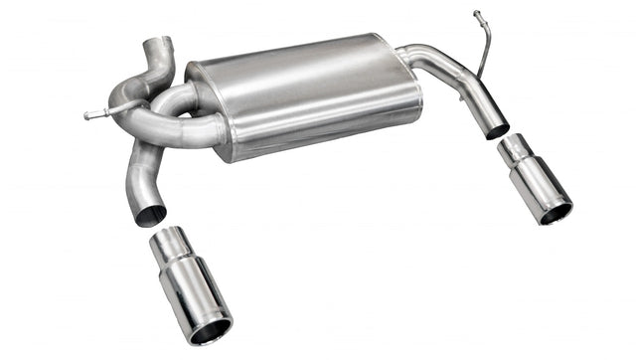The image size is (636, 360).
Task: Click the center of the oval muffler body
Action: pyautogui.click(x=303, y=96)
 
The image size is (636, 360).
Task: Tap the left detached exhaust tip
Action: pyautogui.click(x=191, y=288)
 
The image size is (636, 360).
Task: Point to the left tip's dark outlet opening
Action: pyautogui.click(x=210, y=330)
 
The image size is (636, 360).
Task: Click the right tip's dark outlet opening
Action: pyautogui.click(x=556, y=212)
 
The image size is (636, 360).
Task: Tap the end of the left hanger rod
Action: pyautogui.click(x=88, y=115)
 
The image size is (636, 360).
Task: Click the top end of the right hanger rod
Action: pyautogui.click(x=478, y=14)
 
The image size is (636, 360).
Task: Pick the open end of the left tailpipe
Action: pyautogui.click(x=151, y=216)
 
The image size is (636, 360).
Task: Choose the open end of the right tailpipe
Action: pyautogui.click(x=497, y=129)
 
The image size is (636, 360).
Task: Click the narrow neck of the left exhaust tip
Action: pyautogui.click(x=171, y=245)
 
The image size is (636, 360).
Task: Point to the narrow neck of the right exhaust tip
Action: pyautogui.click(x=516, y=151)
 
